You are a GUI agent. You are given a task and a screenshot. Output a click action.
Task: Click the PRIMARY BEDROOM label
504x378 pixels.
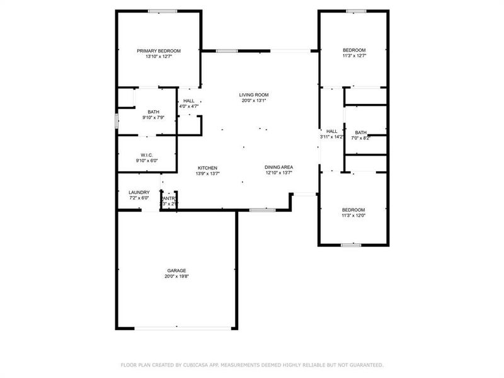tap(159, 50)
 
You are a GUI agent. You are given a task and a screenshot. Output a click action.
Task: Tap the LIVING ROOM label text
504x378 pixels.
tap(254, 94)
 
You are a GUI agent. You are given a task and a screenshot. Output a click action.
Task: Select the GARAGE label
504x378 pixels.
tap(176, 270)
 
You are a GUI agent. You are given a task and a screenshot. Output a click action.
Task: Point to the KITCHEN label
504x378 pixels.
tap(208, 168)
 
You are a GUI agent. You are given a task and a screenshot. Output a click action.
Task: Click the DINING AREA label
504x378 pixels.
tap(279, 167)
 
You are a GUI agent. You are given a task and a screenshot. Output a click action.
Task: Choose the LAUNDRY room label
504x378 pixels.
tap(139, 192)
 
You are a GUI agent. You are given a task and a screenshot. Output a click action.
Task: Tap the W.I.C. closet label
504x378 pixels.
tap(147, 155)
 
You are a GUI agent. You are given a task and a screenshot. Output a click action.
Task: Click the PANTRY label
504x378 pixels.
tap(169, 198)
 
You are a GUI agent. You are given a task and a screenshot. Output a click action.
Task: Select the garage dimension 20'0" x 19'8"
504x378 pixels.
tap(176, 276)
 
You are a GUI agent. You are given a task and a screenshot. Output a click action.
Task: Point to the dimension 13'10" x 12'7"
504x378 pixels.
tap(159, 56)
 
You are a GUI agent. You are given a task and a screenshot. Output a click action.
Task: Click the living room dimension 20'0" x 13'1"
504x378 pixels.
tap(254, 100)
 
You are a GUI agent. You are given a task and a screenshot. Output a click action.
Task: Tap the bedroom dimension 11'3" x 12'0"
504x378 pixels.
tap(353, 215)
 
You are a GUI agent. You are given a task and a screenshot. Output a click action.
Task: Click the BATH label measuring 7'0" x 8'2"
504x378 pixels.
tap(360, 132)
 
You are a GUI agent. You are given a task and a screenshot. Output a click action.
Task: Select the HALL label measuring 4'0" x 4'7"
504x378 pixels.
tap(189, 101)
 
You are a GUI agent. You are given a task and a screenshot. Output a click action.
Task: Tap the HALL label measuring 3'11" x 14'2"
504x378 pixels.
tap(331, 131)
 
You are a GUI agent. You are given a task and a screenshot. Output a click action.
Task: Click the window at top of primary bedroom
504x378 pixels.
tap(162, 10)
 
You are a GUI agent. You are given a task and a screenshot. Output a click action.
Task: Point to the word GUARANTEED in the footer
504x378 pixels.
tap(364, 365)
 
